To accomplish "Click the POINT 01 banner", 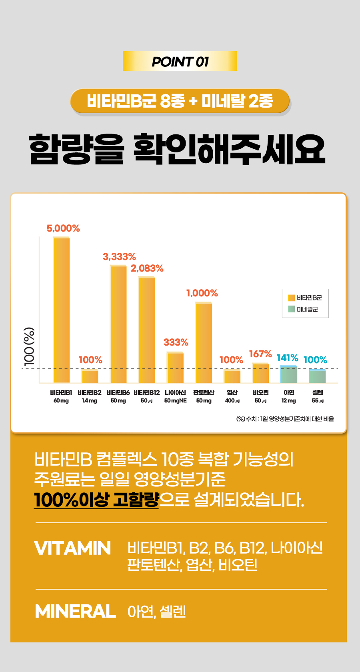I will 180,61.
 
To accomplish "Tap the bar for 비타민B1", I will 62,310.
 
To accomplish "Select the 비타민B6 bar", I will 118,324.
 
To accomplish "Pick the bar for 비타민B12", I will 147,330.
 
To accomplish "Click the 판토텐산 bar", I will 204,343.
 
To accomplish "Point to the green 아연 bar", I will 289,374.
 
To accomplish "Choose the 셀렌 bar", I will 317,376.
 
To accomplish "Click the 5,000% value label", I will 63,228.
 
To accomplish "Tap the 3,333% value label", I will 119,257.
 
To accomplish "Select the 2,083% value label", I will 147,268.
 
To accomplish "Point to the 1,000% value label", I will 202,293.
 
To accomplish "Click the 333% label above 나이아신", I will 176,342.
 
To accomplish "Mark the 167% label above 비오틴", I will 260,354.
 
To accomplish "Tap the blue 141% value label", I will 288,358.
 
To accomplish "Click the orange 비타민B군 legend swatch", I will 292,298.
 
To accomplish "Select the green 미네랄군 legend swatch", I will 292,309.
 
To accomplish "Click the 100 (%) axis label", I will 29,346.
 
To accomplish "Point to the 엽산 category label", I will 232,393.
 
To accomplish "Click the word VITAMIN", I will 72,548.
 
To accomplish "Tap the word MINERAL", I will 75,611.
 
